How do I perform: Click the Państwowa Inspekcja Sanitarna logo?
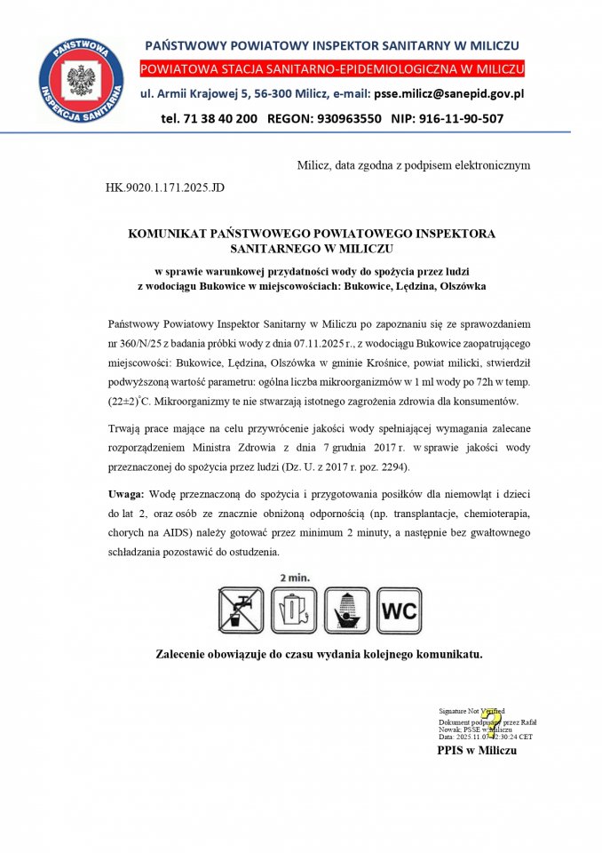click(x=81, y=83)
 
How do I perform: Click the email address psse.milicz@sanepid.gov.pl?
click(x=449, y=93)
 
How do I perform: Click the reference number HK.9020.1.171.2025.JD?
click(x=166, y=188)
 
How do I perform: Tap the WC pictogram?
click(x=398, y=610)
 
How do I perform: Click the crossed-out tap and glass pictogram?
click(x=242, y=610)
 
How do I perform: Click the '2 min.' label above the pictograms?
click(x=295, y=578)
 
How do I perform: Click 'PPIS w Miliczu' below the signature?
click(x=476, y=751)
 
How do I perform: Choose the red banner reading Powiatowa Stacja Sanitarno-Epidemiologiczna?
click(x=330, y=68)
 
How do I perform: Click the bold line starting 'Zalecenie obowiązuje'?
click(x=318, y=655)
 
